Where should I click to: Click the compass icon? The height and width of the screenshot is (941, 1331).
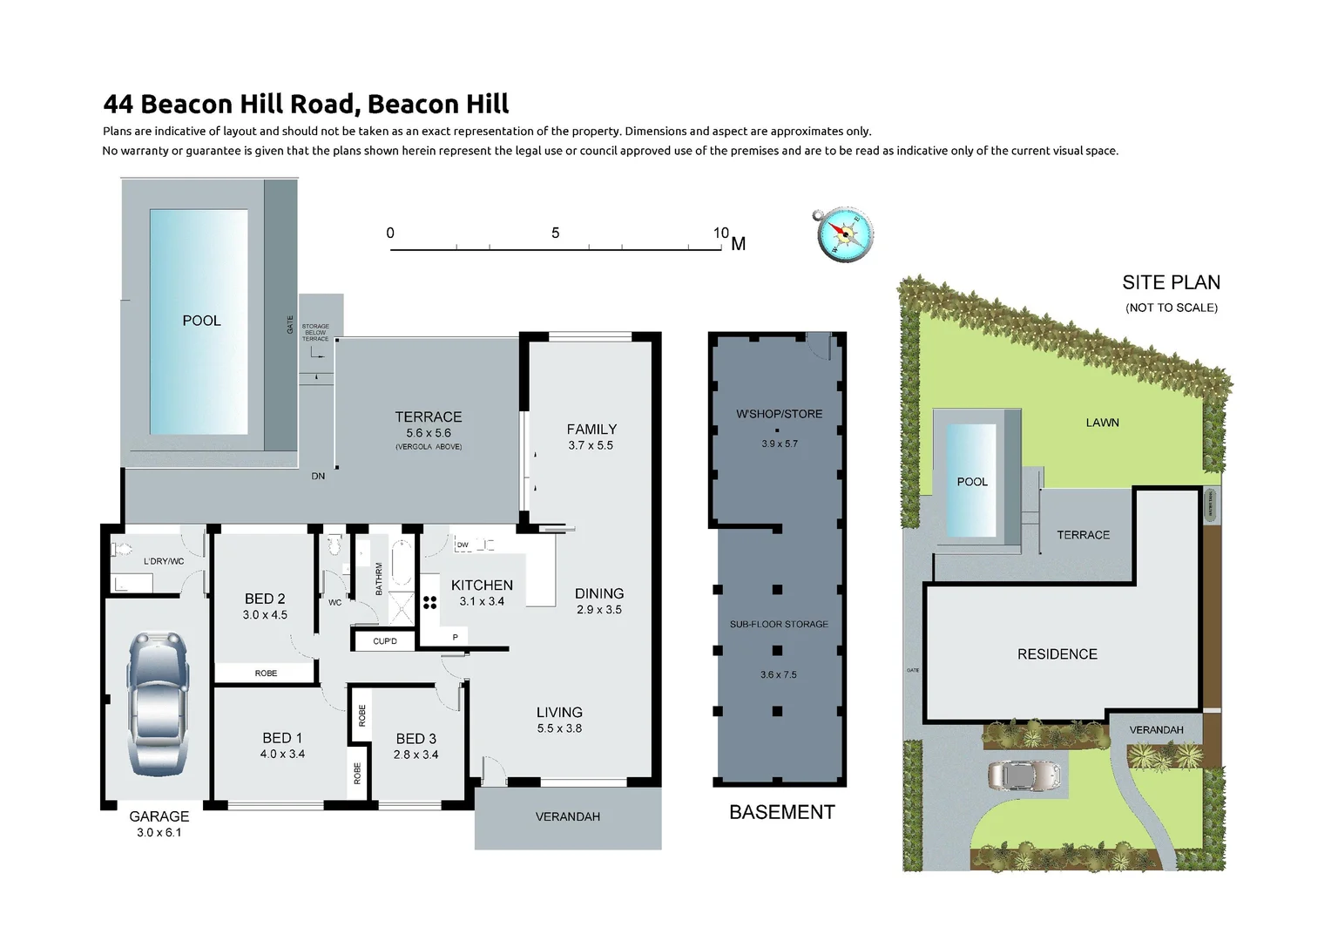[x=843, y=234]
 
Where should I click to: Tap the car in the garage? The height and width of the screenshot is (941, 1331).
[x=159, y=704]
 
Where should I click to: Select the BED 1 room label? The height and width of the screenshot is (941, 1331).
[x=282, y=738]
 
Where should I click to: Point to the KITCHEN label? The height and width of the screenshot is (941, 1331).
[x=482, y=586]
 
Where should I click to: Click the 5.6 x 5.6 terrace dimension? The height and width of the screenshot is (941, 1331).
[x=429, y=433]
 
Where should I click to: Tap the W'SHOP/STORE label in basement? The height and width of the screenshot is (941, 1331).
[x=779, y=414]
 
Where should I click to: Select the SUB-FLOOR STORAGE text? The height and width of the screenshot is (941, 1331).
[x=779, y=624]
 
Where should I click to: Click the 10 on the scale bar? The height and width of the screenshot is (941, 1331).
[x=720, y=233]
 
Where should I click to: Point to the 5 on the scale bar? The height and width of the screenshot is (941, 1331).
[x=555, y=233]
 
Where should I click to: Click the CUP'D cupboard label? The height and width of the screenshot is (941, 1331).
[x=384, y=641]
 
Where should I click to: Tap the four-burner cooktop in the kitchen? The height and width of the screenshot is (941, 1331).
[x=429, y=601]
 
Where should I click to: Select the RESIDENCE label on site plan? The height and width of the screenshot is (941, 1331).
[x=1057, y=653]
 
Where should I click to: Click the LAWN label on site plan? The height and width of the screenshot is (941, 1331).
[x=1102, y=423]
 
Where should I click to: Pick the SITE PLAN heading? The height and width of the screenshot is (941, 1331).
[x=1171, y=282]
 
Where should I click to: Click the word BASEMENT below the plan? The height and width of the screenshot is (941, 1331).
[x=781, y=812]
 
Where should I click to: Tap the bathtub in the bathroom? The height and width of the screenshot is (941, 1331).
[x=402, y=564]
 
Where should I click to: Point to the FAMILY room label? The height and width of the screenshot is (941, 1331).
[x=591, y=429]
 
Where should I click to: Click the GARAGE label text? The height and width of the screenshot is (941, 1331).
[x=159, y=816]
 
